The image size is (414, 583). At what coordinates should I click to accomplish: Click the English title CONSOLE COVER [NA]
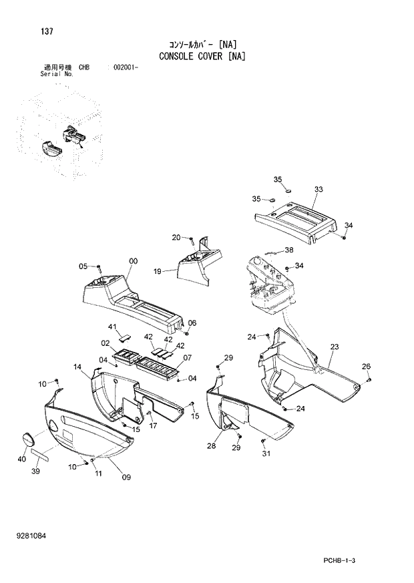coord(202,56)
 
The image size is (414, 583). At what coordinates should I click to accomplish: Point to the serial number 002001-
coord(126,68)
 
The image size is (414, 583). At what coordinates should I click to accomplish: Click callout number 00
coord(133,261)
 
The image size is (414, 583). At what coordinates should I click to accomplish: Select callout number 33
coord(319,190)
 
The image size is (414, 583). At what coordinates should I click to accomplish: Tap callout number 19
coord(158,272)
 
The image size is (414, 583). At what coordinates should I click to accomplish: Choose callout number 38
coord(288,250)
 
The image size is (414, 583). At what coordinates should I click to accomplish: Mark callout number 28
coord(211,445)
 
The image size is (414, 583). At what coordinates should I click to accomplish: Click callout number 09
coord(126,477)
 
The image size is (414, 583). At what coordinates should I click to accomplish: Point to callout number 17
coord(153,425)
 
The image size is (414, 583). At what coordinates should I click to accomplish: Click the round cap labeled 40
coord(27,439)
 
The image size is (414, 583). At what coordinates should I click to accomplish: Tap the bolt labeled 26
coord(369,379)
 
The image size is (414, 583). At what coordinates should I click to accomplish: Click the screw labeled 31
coord(264,441)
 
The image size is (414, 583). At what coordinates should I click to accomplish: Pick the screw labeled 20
coord(192,238)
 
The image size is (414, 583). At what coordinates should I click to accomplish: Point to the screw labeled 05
coord(98,268)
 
